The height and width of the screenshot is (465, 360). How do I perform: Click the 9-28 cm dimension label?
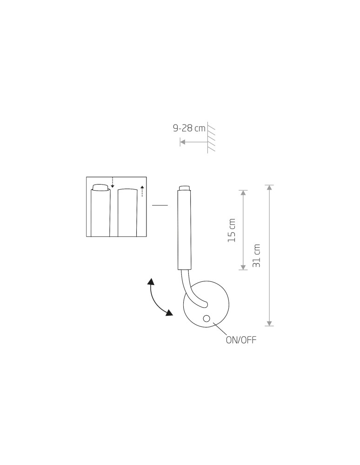coord(189,128)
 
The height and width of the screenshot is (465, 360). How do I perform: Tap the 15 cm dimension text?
coord(232,230)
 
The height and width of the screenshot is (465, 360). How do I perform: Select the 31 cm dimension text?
coord(256,256)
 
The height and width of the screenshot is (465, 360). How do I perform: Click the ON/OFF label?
coord(241,340)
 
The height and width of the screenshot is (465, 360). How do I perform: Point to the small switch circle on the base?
coord(207,319)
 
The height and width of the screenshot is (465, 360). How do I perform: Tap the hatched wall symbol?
coord(211,137)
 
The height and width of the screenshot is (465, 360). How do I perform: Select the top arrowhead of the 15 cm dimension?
coord(243,193)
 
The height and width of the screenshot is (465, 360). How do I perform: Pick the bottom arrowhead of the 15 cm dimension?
coord(243,267)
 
